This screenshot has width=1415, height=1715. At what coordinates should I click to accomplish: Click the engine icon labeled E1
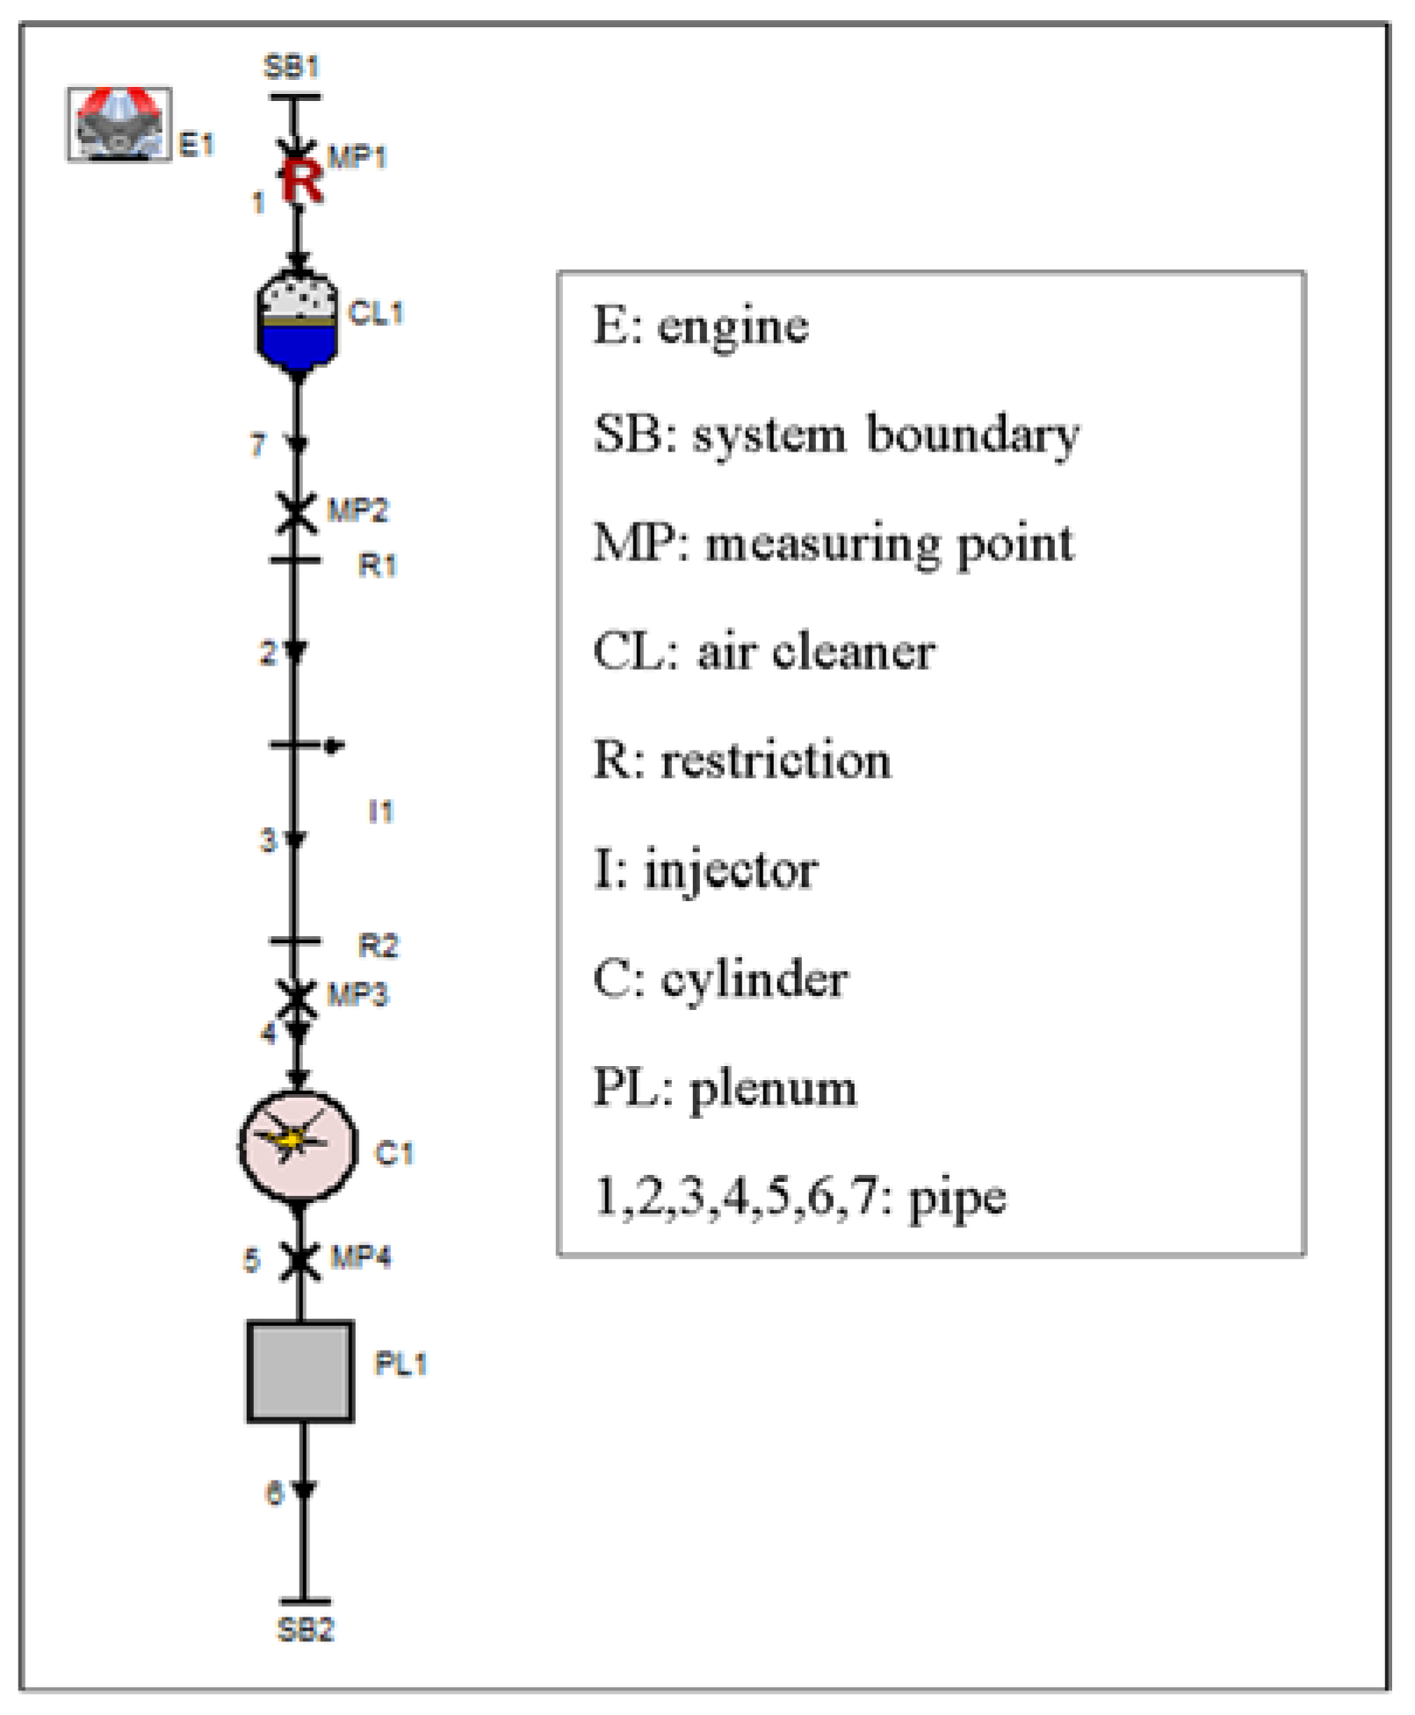119,124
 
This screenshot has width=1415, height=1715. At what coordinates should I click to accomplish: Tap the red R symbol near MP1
302,181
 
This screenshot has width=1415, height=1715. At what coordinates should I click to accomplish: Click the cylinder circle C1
299,1145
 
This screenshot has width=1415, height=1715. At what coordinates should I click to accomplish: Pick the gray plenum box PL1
300,1371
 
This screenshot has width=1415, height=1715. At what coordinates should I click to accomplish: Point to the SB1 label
292,67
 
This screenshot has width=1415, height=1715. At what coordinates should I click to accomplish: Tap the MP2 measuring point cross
297,512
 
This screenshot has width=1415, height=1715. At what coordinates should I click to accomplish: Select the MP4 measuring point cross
300,1260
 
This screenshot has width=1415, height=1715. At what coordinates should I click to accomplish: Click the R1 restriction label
378,565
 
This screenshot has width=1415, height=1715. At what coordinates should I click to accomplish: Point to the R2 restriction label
379,946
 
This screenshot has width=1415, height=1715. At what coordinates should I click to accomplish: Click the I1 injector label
380,811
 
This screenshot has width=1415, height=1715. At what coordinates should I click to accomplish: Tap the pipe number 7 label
257,445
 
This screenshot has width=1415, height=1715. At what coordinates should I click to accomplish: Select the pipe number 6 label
275,1493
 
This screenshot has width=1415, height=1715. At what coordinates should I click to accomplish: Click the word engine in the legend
733,328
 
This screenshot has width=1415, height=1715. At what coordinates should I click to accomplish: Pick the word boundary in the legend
972,435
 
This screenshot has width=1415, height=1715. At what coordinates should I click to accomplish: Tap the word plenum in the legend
773,1089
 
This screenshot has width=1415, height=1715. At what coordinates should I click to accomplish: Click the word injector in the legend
731,871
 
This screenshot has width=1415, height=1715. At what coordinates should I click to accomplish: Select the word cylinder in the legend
754,980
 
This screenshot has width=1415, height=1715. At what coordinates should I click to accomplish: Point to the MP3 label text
357,995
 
